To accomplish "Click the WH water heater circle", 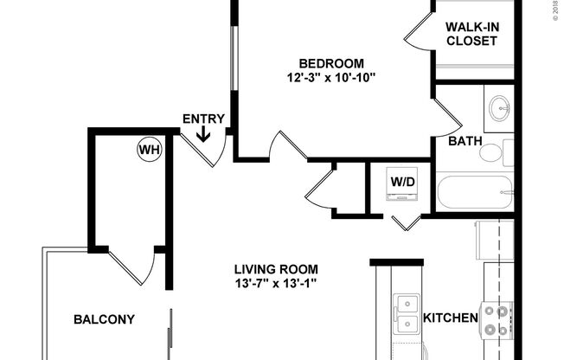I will pos(150,150).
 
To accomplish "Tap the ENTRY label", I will pos(203,119).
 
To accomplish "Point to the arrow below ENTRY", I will pos(203,133).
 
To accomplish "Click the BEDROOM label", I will pos(331,63).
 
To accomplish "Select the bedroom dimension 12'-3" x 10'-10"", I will pos(331,77).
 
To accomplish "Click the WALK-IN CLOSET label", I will pos(471,33).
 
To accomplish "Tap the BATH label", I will pos(465,141).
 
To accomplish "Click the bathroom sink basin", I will pos(499,109).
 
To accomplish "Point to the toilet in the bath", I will pos(494,153).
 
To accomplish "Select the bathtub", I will pos(475,192).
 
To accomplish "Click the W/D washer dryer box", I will pos(402,183).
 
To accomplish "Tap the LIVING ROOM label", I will pos(276,268).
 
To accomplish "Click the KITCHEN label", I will pos(450,318).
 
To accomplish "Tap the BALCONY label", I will pos(104,319).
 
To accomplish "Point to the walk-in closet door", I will pos(417,33).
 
